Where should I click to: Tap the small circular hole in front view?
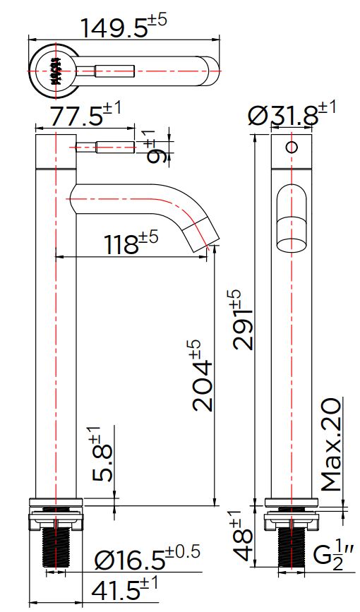pos(289,148)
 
